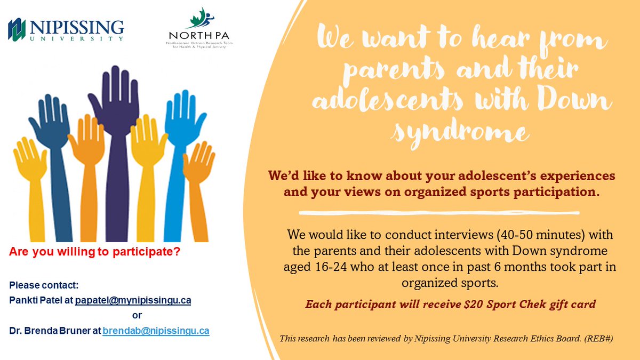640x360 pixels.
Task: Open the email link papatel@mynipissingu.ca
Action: [133, 301]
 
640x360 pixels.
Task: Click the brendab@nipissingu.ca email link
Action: [156, 331]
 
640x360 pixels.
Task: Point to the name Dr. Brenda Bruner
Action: [51, 331]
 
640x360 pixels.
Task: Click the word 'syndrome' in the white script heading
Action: [461, 131]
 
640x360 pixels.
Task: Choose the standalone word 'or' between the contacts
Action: [137, 316]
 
